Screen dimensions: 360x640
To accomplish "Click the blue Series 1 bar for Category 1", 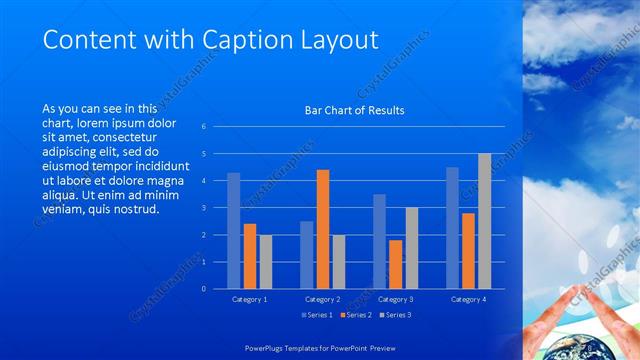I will (234, 231).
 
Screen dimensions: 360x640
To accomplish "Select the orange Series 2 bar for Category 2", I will (323, 229).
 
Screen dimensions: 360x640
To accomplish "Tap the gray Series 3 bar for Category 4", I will (484, 221).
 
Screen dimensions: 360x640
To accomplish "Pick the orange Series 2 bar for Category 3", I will (395, 264).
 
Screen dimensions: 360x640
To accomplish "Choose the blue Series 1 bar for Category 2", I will (306, 255).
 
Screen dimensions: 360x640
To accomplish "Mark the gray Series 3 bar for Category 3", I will (411, 248).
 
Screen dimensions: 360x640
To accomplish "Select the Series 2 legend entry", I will (356, 316).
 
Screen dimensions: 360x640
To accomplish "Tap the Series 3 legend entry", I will (396, 316).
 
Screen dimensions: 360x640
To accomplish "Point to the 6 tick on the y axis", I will (203, 127).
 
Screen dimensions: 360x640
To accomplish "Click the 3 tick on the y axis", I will (203, 208).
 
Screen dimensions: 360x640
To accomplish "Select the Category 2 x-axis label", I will (322, 300).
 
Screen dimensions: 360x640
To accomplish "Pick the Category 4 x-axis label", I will (468, 300).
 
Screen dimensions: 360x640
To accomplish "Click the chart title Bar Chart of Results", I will (355, 110).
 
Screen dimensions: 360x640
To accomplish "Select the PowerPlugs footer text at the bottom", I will (320, 349).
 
